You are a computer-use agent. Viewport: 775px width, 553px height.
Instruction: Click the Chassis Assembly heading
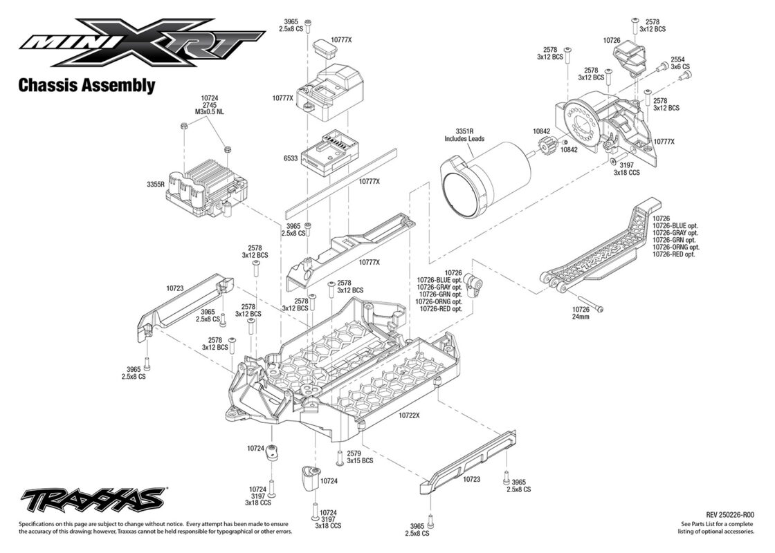[x=86, y=86]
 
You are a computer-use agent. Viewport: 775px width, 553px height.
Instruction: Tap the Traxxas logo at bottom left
[x=93, y=498]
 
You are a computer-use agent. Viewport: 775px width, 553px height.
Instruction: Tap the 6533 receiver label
[x=291, y=158]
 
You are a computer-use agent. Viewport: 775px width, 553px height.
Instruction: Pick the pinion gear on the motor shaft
[x=545, y=147]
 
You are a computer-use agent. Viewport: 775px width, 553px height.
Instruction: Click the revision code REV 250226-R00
[x=730, y=515]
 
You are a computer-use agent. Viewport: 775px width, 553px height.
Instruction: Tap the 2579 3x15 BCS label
[x=360, y=457]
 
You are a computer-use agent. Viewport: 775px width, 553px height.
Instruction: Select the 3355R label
[x=155, y=185]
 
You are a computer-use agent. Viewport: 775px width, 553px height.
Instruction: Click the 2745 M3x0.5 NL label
[x=210, y=113]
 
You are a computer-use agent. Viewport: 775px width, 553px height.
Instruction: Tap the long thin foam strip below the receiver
[x=342, y=182]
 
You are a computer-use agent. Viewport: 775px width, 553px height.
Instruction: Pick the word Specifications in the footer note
[x=39, y=524]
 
